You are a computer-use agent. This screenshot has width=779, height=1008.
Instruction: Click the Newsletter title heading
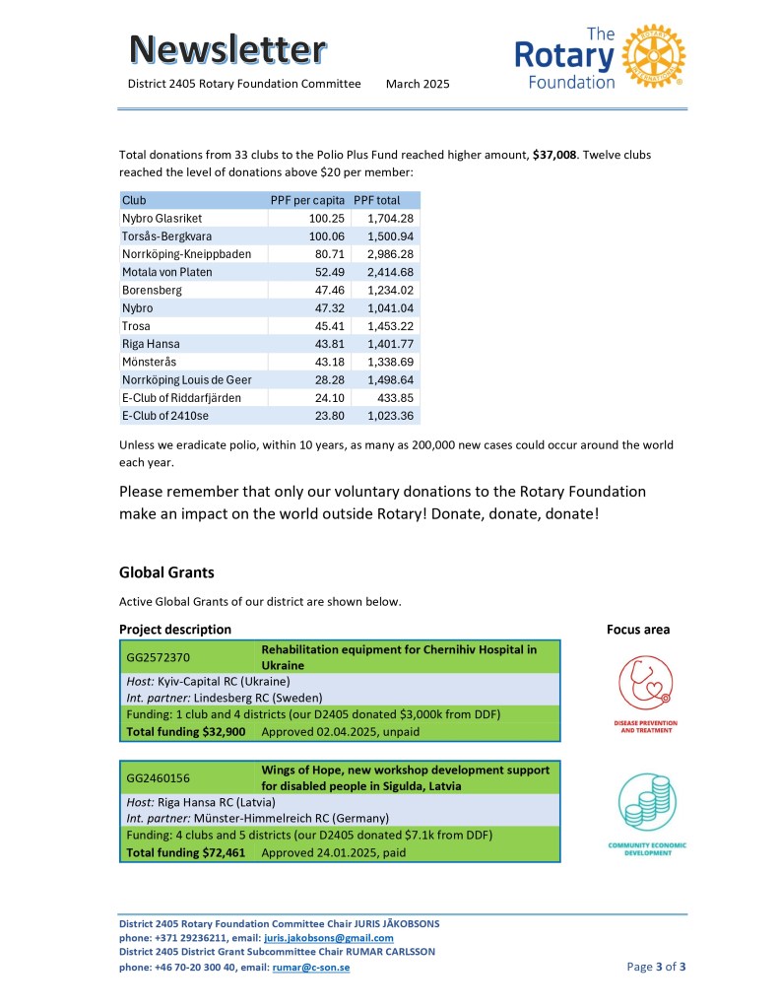tap(228, 48)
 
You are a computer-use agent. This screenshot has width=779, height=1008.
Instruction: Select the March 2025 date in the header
tap(418, 85)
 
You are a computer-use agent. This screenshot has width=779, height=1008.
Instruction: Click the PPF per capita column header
tap(307, 200)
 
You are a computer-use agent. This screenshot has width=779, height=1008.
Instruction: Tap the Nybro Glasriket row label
tap(162, 218)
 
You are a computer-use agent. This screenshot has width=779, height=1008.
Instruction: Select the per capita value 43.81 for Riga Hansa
tap(325, 344)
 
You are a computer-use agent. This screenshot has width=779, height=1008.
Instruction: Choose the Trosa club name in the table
tap(136, 326)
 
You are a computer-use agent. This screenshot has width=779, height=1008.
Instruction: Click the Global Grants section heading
tap(166, 571)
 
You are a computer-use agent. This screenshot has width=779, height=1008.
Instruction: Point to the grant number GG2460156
tap(159, 778)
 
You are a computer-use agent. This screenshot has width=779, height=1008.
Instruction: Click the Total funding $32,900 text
tap(186, 732)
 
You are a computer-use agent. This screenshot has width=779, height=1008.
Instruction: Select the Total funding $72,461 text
tap(186, 853)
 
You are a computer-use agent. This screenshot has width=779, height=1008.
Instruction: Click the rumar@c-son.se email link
tap(310, 967)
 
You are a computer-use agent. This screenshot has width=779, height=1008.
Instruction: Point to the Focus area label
tap(637, 630)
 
